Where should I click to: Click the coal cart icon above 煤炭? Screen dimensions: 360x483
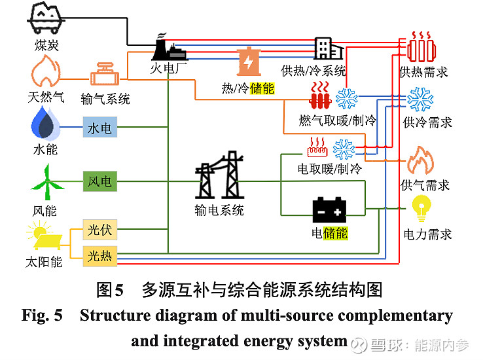(x=45, y=18)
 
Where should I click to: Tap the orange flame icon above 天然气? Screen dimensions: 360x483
(x=45, y=71)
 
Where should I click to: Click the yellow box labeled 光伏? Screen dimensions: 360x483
(x=99, y=230)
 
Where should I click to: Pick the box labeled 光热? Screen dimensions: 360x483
(x=99, y=256)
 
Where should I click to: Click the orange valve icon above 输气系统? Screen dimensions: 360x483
(x=105, y=75)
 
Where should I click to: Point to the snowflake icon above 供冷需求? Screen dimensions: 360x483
(x=420, y=99)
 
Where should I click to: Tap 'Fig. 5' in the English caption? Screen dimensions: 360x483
(x=43, y=315)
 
